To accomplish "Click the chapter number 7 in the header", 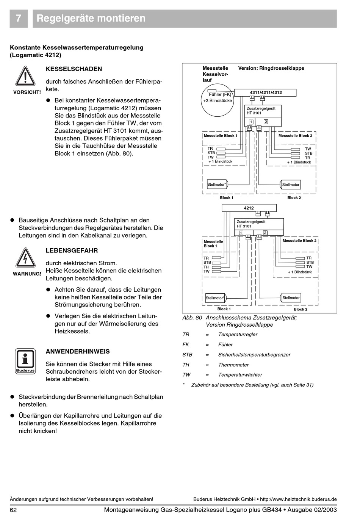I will [19, 19].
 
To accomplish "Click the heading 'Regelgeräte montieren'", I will [91, 19].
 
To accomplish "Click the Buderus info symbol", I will [25, 360].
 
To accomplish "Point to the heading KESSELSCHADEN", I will [74, 69].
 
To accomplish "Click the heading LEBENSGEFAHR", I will [72, 250].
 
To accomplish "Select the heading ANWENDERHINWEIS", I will [78, 351].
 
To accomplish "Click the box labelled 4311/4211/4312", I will [265, 92].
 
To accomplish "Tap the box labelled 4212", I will [249, 208].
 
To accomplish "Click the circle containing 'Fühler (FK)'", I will [218, 101].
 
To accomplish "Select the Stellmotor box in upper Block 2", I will [291, 185].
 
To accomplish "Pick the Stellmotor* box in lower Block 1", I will [215, 298].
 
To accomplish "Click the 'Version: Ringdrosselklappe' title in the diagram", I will [271, 68].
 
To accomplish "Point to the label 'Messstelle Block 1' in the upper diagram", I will [220, 136].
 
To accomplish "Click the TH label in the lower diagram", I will [206, 267].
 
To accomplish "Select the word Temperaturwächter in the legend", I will [240, 375].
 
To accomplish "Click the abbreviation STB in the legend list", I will [187, 355].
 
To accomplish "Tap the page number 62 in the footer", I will [13, 510].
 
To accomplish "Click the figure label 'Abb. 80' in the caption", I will [192, 318].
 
